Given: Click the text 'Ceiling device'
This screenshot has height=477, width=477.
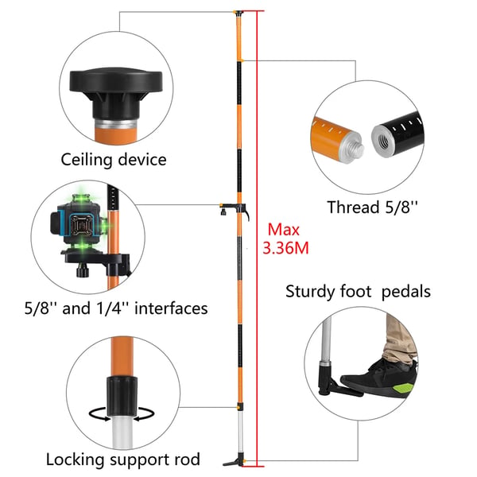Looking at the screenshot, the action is pos(114,160).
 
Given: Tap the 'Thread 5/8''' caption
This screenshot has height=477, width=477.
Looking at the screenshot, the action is pos(372,207).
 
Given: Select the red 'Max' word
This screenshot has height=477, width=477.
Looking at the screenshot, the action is pos(284,230).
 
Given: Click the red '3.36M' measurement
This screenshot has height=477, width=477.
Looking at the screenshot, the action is pos(285,248).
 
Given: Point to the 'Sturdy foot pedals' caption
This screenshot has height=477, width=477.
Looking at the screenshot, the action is pos(358,292).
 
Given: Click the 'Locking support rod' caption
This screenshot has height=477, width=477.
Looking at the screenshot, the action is pos(123,460).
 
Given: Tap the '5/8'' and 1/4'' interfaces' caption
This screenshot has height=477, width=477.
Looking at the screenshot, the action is pos(116,308).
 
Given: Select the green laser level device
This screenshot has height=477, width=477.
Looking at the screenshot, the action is pos(79,226).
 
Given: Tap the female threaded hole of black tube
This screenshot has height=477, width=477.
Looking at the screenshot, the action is pos(383,142).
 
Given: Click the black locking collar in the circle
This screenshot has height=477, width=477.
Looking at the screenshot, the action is pos(122,396).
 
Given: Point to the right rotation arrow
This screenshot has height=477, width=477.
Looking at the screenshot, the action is pos(144,414).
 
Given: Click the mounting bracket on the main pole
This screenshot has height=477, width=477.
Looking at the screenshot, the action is pos(234,208).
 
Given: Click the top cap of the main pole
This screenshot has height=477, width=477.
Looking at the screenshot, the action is pos(238,13).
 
